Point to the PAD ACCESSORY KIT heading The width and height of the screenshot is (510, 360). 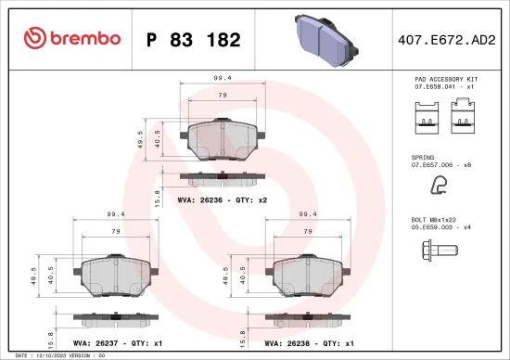click(x=446, y=82)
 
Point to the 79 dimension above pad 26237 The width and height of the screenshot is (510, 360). click(x=114, y=231)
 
